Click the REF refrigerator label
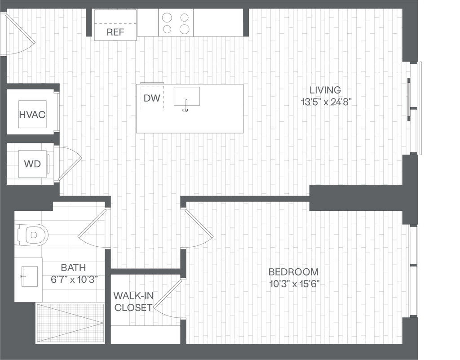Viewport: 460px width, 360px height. click(x=115, y=32)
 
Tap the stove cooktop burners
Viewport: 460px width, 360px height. click(x=175, y=23)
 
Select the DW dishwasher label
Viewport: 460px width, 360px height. click(x=152, y=98)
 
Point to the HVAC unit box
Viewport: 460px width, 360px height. click(x=32, y=114)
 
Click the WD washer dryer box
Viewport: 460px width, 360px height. click(x=32, y=164)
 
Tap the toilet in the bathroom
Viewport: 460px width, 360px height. click(x=31, y=235)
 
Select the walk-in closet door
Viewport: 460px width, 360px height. click(x=168, y=294)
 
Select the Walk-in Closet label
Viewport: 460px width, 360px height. click(x=133, y=302)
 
